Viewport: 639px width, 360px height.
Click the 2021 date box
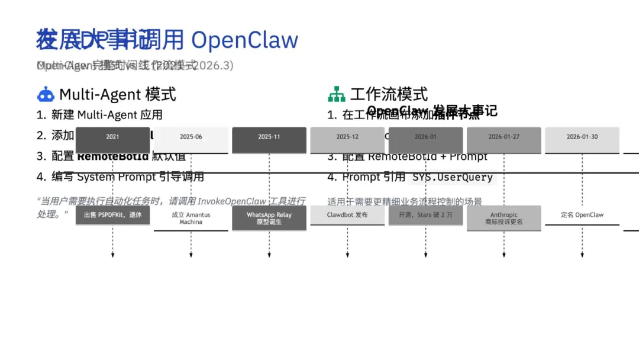click(112, 137)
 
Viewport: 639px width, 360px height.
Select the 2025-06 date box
click(191, 137)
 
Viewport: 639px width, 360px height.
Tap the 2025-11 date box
click(269, 137)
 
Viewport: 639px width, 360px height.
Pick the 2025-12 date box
click(347, 137)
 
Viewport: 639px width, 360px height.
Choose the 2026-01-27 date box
click(504, 137)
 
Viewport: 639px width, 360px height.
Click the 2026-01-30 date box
click(582, 137)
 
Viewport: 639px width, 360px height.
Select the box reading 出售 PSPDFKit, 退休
click(112, 215)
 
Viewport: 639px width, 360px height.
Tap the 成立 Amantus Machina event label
click(191, 218)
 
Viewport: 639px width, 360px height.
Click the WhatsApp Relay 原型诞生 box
click(269, 218)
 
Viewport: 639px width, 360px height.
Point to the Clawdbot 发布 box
click(347, 215)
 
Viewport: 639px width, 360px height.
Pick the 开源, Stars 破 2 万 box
click(425, 215)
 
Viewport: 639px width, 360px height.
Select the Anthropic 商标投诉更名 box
click(504, 218)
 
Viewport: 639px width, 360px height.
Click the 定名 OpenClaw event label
click(582, 215)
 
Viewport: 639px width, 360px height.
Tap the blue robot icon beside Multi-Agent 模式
click(46, 94)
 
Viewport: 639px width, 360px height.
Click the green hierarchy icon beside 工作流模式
click(337, 94)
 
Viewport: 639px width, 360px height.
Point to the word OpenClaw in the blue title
click(244, 40)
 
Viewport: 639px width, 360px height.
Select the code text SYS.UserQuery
click(453, 177)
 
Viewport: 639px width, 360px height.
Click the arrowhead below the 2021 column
click(112, 255)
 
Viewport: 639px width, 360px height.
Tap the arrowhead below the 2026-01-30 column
click(582, 255)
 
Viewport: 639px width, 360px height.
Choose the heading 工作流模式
click(389, 94)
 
